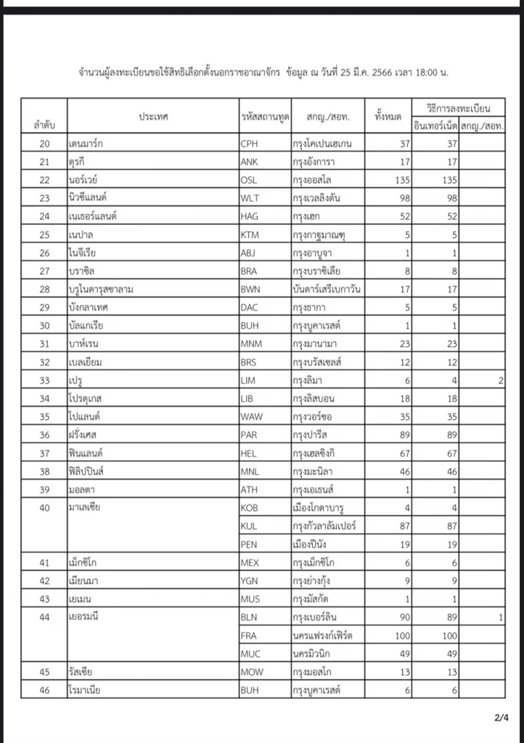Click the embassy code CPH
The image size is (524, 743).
pos(249,144)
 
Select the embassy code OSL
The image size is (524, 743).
pos(249,180)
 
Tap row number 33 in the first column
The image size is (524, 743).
pos(44,381)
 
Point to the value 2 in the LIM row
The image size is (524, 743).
pos(501,381)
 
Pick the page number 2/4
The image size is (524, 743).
pos(500,718)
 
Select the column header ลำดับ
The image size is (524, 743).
pos(44,125)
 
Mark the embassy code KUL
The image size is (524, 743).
pos(249,525)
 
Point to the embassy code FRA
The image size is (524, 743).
pos(249,636)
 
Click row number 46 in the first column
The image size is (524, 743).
pos(44,690)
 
